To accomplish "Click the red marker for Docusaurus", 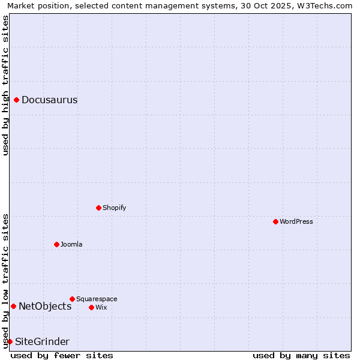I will [17, 100].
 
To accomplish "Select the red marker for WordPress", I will [275, 221].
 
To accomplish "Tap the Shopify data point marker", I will [98, 208].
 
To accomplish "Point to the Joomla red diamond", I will [56, 244].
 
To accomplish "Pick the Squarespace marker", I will [72, 299].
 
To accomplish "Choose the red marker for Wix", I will [91, 307].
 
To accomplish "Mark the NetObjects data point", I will [13, 306].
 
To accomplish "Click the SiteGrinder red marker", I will [10, 341].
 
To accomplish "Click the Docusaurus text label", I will [50, 100].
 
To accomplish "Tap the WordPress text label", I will [296, 221].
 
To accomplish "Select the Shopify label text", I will [115, 208].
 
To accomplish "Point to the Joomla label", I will [71, 244].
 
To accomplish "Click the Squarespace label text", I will [97, 299].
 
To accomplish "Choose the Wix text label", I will [101, 307].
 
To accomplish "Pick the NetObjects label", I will [45, 306].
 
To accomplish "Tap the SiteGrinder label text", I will [42, 341].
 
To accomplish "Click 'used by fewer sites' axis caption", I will [62, 355].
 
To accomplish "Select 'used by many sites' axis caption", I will [301, 355].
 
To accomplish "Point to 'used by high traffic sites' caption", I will [5, 85].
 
